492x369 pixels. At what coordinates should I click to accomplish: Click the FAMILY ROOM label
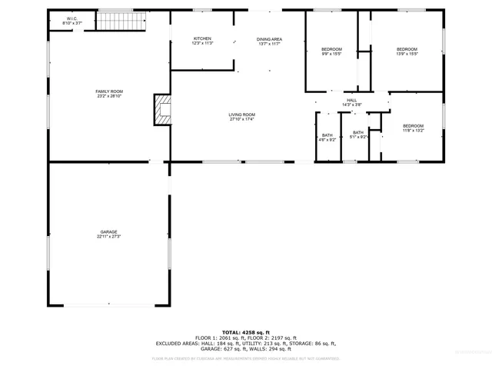(109, 91)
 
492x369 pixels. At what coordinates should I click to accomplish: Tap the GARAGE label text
(108, 231)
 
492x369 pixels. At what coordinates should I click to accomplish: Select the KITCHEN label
(202, 38)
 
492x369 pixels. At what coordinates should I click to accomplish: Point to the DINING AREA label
(269, 38)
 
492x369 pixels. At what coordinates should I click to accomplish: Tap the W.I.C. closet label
(71, 18)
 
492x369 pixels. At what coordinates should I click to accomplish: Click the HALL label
(351, 100)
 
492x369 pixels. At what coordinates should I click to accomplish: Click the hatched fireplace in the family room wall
(162, 109)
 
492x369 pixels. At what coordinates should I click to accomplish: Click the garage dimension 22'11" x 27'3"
(108, 236)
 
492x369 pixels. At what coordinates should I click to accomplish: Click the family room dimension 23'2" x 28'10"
(109, 96)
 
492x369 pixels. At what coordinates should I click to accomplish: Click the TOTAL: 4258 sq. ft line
(246, 332)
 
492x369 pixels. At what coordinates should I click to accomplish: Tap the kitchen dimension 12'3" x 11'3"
(202, 43)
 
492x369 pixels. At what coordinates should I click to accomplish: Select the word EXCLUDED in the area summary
(173, 343)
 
